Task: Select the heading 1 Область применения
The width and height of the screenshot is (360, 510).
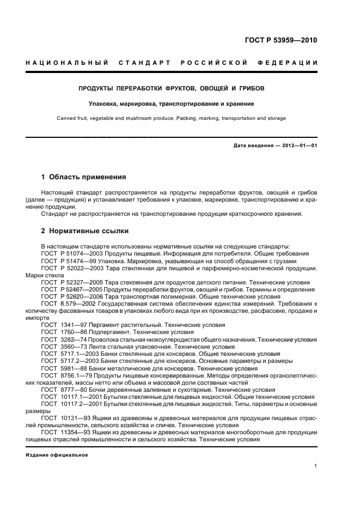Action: pos(84,177)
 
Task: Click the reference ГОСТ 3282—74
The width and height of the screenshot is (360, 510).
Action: pos(63,339)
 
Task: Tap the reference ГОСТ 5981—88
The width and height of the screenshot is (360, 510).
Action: pos(63,368)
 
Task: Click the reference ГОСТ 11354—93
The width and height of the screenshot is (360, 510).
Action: pos(65,432)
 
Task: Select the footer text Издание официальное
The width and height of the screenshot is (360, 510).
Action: pos(50,454)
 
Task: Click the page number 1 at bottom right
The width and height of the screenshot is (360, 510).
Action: pos(316,466)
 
